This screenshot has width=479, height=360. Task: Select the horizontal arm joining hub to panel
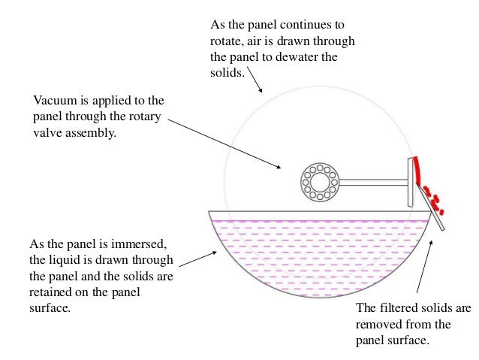pos(372,181)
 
